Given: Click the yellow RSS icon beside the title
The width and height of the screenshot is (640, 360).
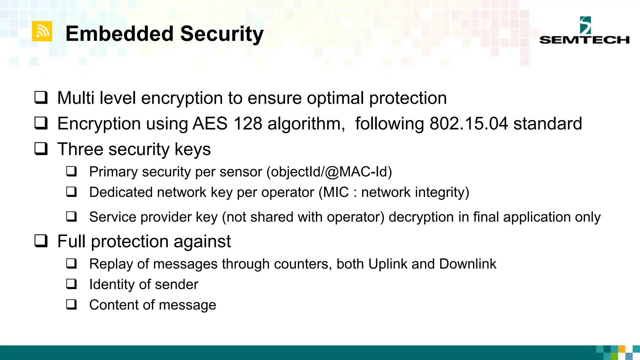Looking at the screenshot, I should (42, 31).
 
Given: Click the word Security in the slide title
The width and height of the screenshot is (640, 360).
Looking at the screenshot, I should (222, 34).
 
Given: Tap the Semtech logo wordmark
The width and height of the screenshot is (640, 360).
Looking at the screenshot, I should (584, 40).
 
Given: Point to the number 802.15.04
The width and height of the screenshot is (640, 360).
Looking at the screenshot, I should (469, 124).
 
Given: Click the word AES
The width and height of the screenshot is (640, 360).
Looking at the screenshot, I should (210, 124).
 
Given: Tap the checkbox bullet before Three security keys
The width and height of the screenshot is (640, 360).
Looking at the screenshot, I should (41, 149).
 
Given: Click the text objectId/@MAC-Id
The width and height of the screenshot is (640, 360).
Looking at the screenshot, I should (329, 172).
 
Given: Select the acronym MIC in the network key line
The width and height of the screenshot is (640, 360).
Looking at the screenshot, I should (336, 192).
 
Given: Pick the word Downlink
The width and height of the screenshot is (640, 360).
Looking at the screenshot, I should (467, 264).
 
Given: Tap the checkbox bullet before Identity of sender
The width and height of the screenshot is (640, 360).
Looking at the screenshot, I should (72, 284).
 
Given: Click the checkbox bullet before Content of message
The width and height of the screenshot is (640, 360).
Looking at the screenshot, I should (72, 304).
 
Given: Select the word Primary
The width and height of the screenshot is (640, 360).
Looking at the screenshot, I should (113, 172).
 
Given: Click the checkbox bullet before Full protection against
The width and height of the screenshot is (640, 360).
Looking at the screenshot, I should (41, 241).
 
